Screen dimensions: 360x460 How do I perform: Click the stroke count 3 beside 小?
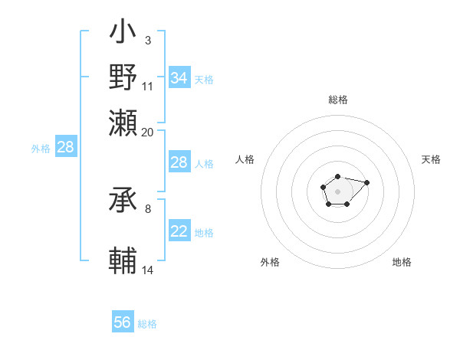[147, 39]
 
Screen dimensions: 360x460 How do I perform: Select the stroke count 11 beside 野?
[148, 86]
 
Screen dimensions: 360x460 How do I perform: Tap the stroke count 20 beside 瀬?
[148, 132]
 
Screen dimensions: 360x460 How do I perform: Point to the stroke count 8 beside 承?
[147, 208]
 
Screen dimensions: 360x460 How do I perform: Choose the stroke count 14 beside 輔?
[148, 270]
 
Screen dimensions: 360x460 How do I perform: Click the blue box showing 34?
[179, 78]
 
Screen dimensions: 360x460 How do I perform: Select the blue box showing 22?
[179, 231]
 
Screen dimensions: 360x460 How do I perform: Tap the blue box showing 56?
[123, 322]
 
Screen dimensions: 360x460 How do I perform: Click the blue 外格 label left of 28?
[41, 149]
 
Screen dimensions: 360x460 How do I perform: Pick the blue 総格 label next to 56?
[147, 324]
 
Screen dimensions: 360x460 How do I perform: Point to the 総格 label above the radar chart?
[337, 100]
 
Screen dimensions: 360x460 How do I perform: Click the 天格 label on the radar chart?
[431, 159]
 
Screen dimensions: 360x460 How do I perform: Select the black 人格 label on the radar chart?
[245, 159]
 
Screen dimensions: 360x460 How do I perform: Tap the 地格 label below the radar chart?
[402, 262]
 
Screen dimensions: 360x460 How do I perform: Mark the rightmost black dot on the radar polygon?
[366, 182]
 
